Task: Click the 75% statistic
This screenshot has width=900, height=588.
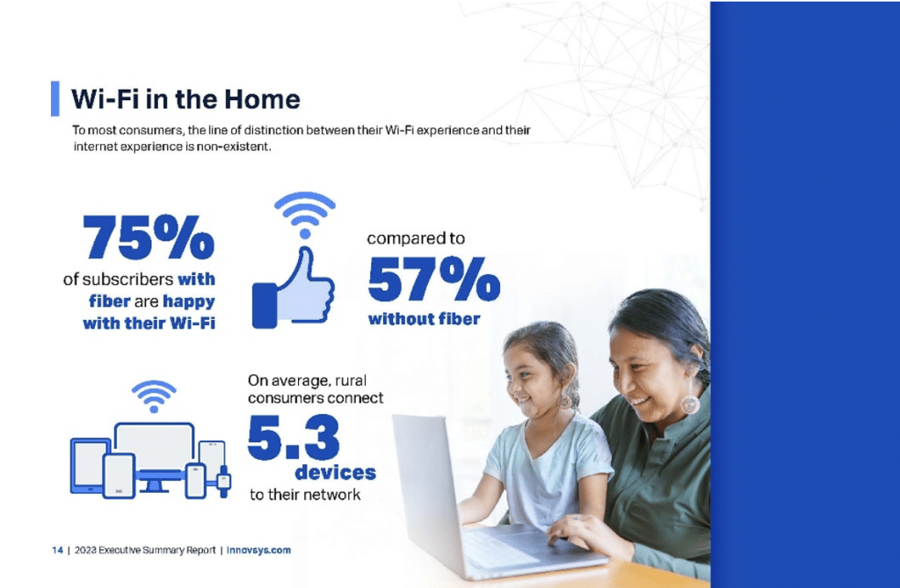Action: (x=149, y=236)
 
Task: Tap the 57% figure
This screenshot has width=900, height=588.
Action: (x=434, y=279)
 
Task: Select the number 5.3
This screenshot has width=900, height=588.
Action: (x=294, y=438)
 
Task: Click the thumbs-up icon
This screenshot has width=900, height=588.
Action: (x=294, y=287)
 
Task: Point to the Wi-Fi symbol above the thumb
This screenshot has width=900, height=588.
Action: (x=305, y=214)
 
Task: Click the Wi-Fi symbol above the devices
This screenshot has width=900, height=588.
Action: (x=154, y=396)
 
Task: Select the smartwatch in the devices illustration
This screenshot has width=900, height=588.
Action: (x=224, y=481)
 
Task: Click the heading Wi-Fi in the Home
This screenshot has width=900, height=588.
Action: (x=185, y=98)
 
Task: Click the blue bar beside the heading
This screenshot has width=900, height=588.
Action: (x=55, y=98)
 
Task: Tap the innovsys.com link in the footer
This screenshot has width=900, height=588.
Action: (x=259, y=550)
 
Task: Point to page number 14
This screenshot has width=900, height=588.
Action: (x=57, y=550)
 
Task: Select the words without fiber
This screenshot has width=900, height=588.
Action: (x=425, y=319)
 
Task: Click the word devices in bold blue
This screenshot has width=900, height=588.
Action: (x=335, y=473)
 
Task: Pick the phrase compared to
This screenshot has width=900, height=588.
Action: (x=416, y=238)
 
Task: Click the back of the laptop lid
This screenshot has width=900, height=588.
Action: (x=428, y=488)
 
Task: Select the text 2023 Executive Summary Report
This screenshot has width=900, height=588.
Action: (x=145, y=550)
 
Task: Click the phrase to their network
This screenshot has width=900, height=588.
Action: (x=305, y=495)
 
